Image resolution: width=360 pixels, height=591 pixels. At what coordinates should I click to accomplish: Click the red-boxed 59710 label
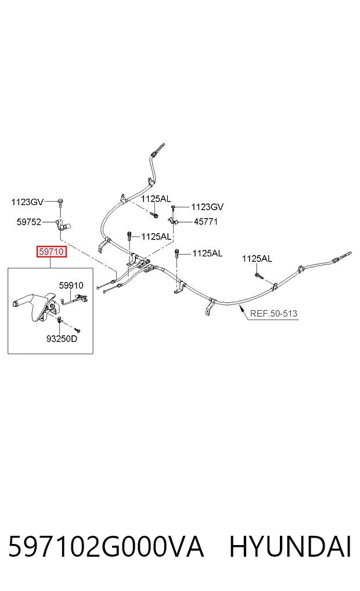(51, 252)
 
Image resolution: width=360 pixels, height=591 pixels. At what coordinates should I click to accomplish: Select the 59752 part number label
(28, 222)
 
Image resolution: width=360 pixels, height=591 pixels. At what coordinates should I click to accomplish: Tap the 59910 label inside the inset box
(71, 285)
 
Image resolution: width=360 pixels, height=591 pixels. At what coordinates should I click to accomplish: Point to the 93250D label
(62, 338)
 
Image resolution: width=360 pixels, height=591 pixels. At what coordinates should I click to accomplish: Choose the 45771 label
(206, 221)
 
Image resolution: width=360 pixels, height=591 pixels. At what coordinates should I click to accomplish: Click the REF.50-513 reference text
(273, 313)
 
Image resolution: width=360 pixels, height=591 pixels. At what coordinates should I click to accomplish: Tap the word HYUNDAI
(290, 547)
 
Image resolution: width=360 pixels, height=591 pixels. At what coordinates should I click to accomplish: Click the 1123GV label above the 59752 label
(27, 202)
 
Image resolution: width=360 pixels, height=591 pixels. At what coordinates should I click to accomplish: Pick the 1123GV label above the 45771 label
(207, 206)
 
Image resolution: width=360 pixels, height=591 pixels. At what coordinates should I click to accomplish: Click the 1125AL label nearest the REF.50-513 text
(257, 259)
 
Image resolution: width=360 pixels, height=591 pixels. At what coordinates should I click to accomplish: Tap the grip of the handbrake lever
(22, 302)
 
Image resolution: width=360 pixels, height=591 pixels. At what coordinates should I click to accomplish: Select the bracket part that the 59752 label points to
(63, 225)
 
